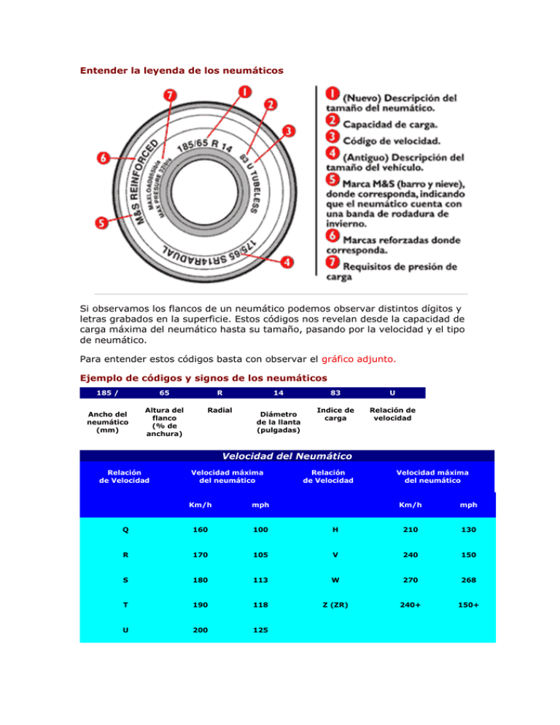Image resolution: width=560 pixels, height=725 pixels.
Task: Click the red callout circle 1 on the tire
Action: (244, 93)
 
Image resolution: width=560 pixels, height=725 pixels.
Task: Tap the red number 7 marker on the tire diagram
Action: (169, 96)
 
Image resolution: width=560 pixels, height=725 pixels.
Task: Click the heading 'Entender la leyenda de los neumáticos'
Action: (182, 71)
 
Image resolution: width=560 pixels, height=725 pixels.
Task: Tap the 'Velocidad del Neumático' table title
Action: (287, 456)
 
